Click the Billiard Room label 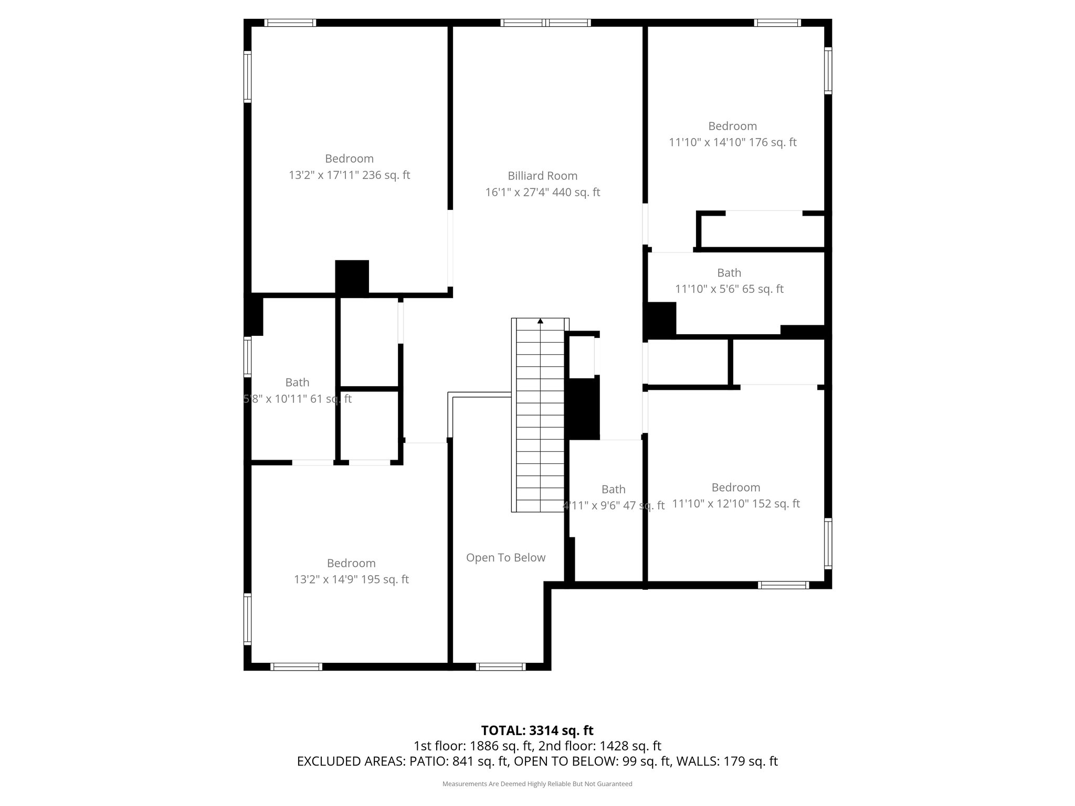(542, 176)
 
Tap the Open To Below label (505, 557)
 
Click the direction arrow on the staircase (540, 321)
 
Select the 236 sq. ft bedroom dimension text (349, 175)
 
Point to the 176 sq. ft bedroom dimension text (732, 142)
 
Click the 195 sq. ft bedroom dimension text (351, 579)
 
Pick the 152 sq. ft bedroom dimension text (735, 504)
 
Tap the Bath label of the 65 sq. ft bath (729, 272)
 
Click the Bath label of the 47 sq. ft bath (613, 489)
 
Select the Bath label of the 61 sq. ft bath (297, 382)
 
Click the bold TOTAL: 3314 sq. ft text (537, 730)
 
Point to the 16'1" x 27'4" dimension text (542, 192)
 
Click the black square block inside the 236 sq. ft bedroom (352, 277)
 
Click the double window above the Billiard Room (545, 23)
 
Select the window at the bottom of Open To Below (500, 666)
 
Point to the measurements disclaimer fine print (537, 784)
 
